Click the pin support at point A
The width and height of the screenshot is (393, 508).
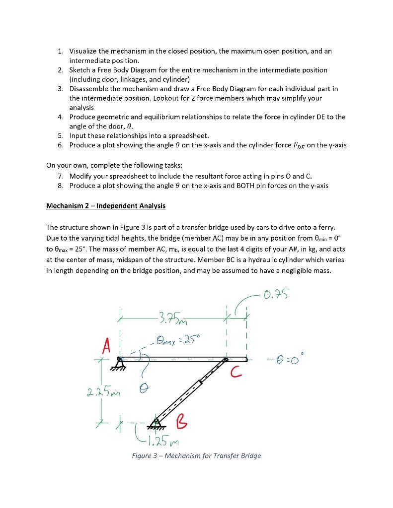click(120, 361)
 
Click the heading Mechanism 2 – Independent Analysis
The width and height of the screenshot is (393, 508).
click(106, 205)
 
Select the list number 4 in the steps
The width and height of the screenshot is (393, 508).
click(60, 117)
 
